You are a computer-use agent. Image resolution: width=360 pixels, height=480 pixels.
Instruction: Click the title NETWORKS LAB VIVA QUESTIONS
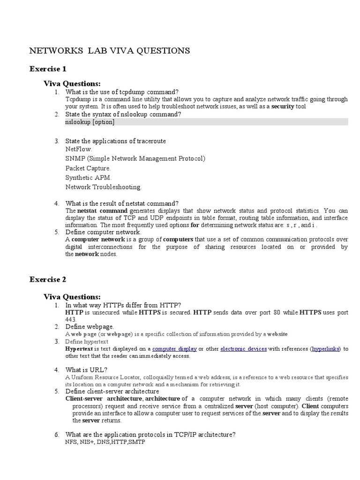tap(110, 51)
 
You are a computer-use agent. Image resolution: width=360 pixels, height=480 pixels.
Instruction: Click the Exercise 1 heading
tap(48, 69)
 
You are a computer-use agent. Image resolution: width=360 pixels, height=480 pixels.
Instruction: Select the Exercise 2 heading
tap(48, 279)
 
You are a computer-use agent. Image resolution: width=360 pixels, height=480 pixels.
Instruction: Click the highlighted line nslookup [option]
tap(90, 122)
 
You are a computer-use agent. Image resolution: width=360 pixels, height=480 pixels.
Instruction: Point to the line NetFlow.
tap(79, 149)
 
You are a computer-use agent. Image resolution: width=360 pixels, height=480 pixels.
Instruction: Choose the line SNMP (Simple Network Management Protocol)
tap(135, 158)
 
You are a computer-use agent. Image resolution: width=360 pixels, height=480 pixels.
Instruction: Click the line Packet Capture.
tap(89, 168)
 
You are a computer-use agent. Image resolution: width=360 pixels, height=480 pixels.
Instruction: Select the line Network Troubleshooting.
tap(104, 187)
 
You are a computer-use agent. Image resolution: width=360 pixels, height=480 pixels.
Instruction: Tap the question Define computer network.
tap(103, 232)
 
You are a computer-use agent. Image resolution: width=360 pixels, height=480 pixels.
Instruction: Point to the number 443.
tap(71, 319)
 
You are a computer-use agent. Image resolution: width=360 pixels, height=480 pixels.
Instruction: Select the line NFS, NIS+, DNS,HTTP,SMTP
tap(105, 442)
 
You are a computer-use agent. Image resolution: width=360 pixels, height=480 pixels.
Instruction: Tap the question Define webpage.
tap(90, 326)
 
